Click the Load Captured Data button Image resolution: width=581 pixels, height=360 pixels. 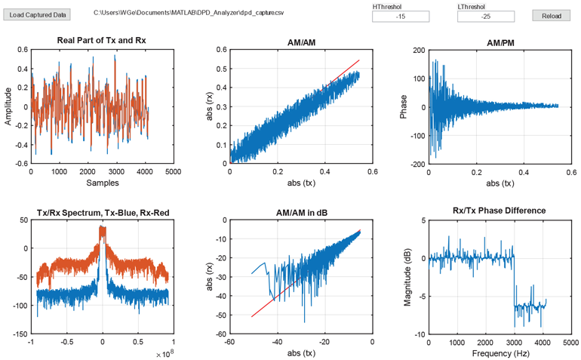point(38,14)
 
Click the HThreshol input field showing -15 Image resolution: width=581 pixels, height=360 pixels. point(401,17)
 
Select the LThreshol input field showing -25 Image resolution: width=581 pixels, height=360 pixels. point(485,17)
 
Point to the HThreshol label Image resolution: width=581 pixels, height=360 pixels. point(388,6)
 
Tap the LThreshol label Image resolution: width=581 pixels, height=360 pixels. point(472,6)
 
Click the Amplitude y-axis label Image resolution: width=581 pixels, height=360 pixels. point(8,106)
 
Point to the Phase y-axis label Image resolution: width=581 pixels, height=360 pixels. point(404,106)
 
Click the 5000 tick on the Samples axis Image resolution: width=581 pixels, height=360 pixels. point(173,172)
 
